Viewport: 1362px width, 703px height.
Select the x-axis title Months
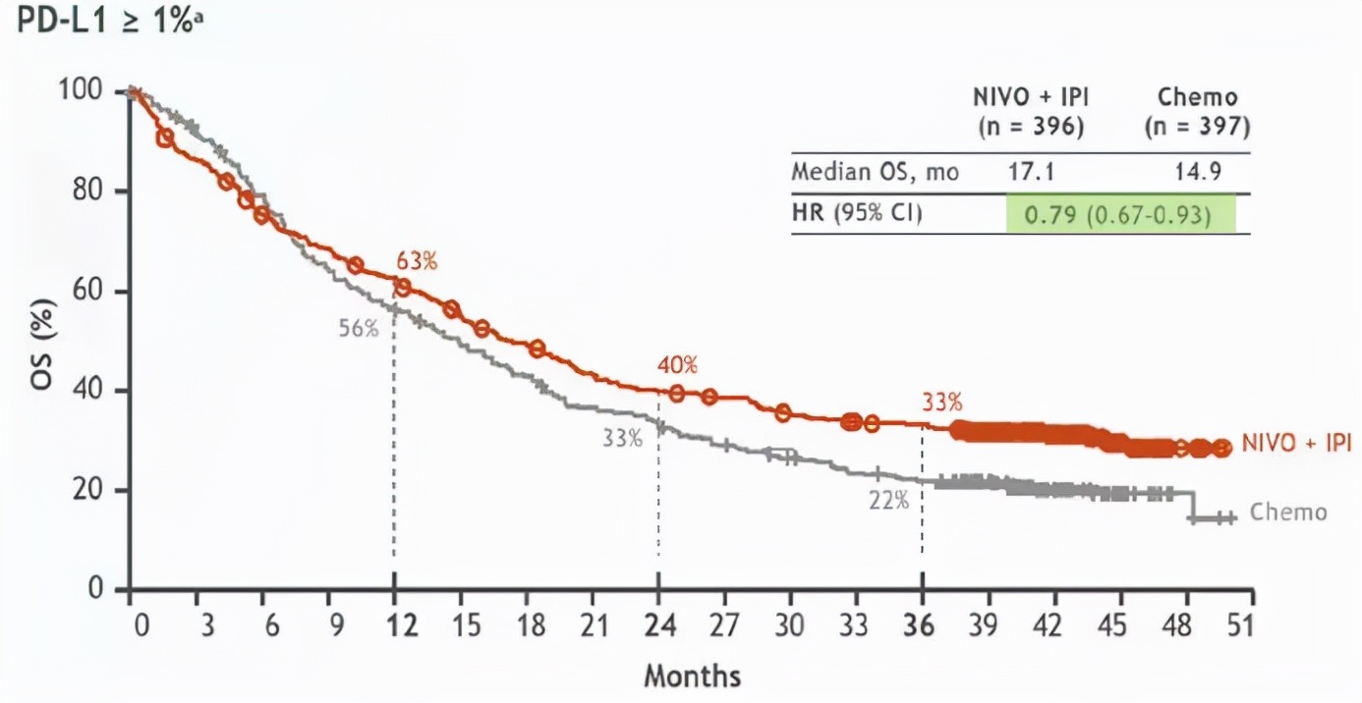click(693, 676)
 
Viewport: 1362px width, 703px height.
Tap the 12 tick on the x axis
click(394, 626)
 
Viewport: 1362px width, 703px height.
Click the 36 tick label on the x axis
click(922, 626)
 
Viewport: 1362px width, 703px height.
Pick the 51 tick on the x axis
click(1242, 626)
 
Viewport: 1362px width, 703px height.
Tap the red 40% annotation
click(678, 365)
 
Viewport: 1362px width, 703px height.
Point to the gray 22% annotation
click(888, 500)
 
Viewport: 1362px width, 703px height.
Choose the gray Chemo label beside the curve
click(1288, 513)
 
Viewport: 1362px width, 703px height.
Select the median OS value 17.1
click(1031, 173)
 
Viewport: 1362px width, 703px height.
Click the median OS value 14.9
click(1197, 173)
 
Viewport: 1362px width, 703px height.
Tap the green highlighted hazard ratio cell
click(1119, 214)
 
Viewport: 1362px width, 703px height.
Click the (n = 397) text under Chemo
click(1197, 128)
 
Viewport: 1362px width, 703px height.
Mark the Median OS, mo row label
click(875, 173)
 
